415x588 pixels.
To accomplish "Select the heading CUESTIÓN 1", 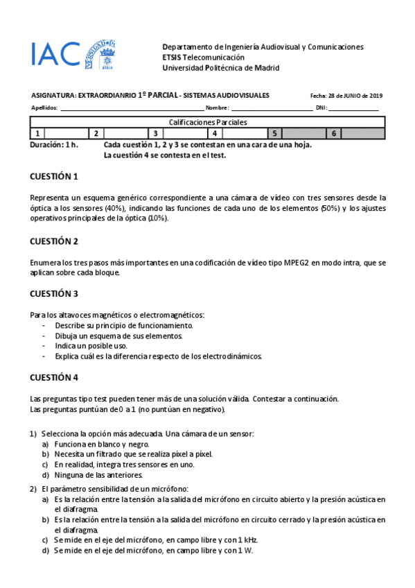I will tap(54, 176).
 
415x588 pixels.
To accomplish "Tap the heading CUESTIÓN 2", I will tap(54, 241).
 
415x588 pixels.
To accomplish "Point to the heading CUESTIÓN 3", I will tap(54, 293).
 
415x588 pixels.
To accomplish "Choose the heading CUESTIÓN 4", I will tap(54, 378).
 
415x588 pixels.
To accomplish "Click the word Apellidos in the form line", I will tap(44, 108).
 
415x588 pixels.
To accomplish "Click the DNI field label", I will tap(321, 108).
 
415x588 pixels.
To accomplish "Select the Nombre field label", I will tap(217, 108).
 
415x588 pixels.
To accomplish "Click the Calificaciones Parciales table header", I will tap(208, 122).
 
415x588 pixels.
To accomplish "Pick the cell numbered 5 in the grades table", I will tap(275, 133).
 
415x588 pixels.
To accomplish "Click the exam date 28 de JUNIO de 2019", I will tap(346, 96).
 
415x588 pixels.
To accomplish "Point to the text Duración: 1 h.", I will tap(54, 145).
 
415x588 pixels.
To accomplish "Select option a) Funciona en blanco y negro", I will tap(101, 444).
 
